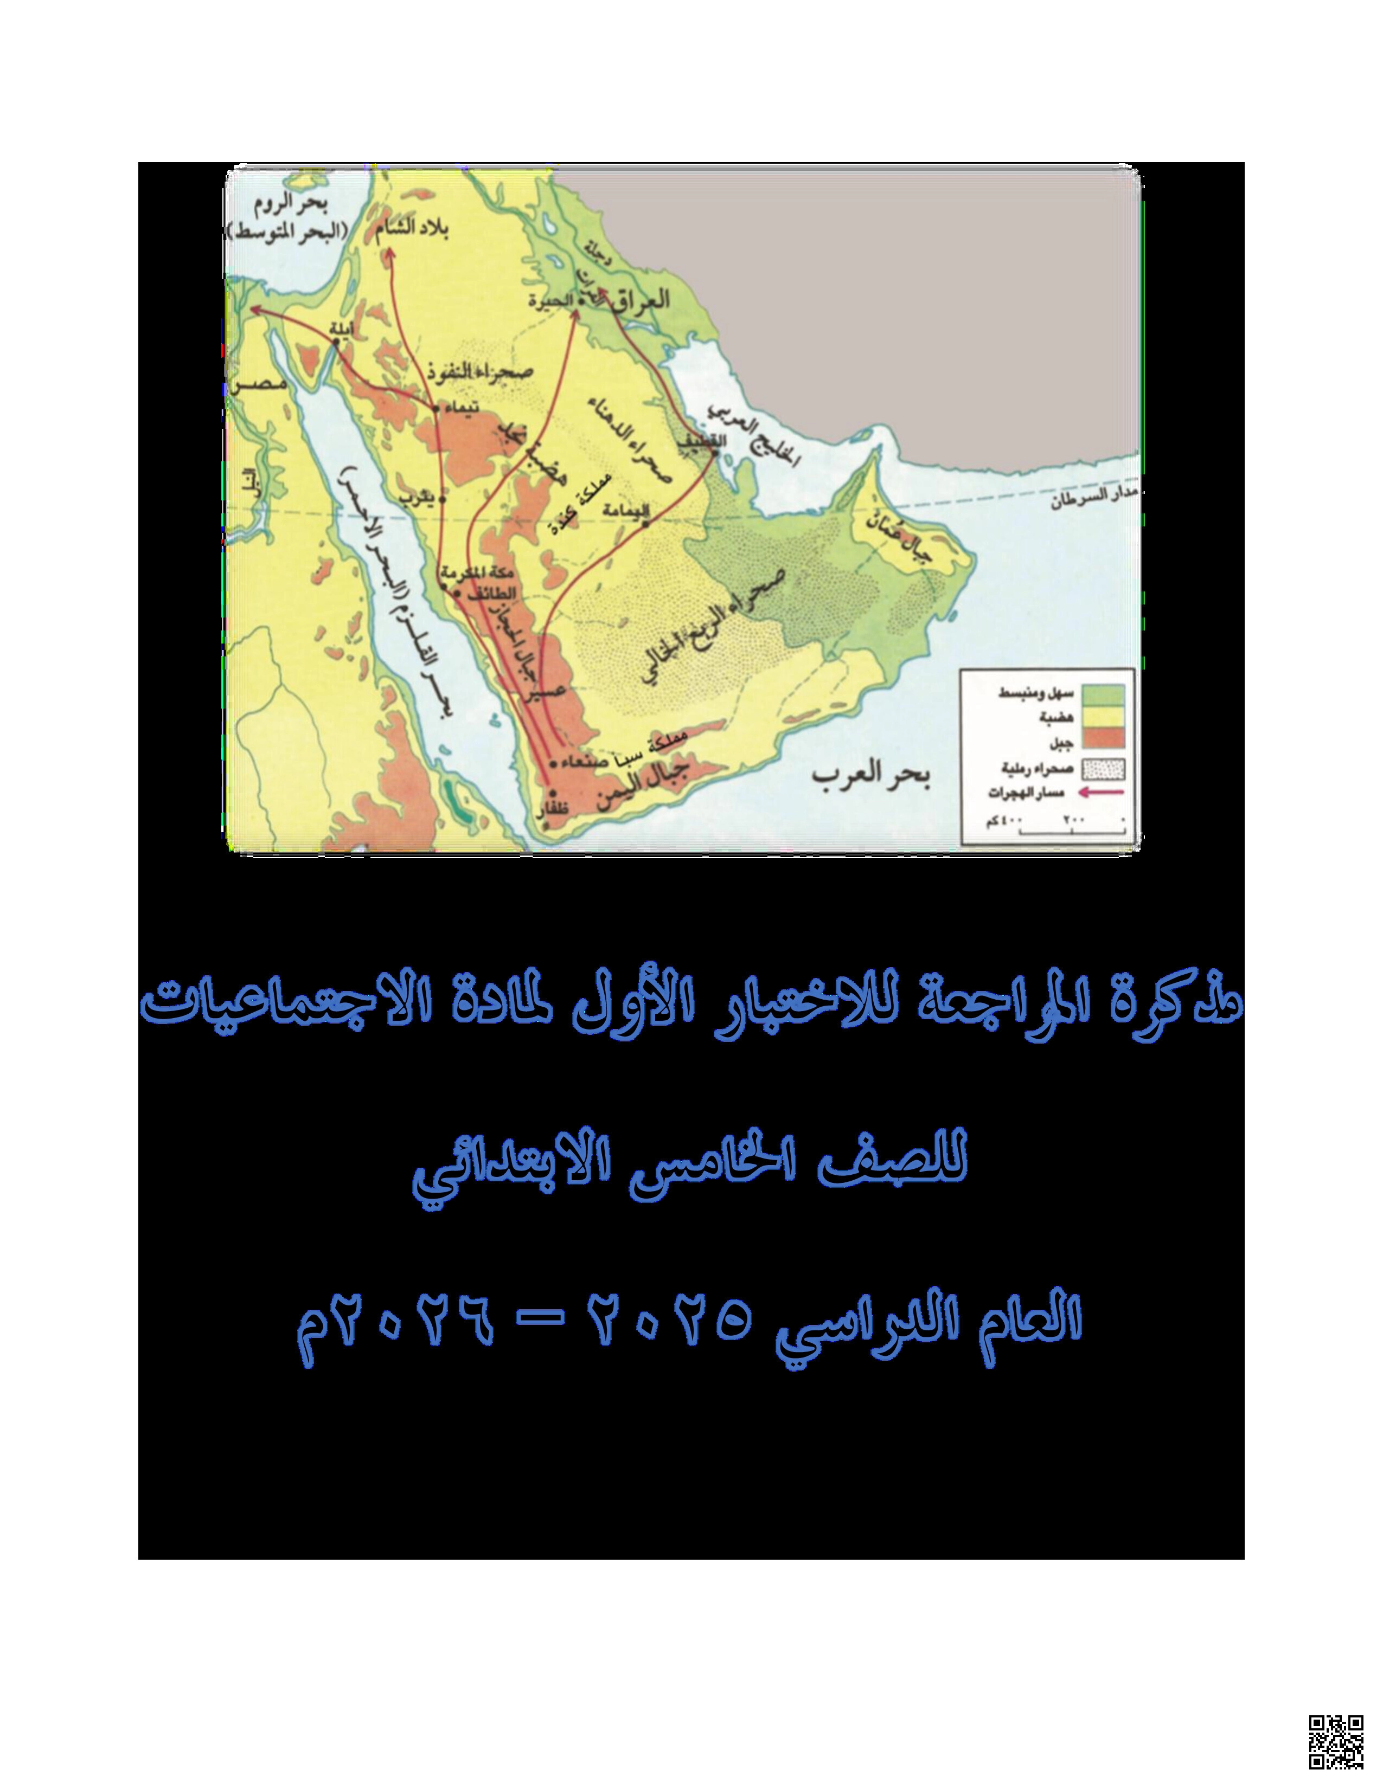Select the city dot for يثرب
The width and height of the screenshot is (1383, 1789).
[x=441, y=499]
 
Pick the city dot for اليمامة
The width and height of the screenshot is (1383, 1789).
[x=645, y=522]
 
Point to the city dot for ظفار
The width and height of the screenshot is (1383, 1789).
[x=552, y=793]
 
